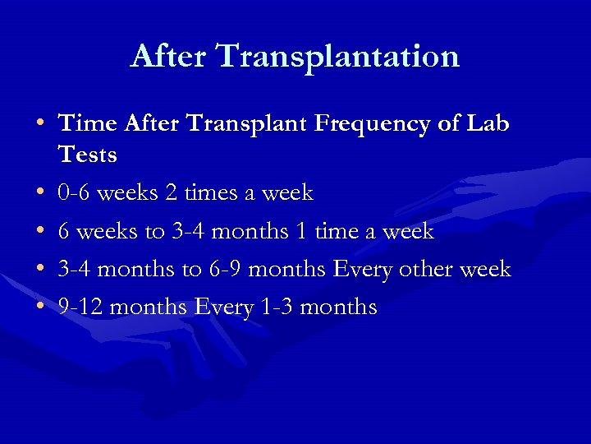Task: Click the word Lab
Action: point(488,124)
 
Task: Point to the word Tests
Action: point(87,155)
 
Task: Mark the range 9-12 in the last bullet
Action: point(80,308)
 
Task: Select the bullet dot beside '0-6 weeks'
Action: point(40,194)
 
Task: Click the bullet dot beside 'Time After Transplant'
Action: point(40,125)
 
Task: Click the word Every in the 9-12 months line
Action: point(222,308)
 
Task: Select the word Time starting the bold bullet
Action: point(88,124)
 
